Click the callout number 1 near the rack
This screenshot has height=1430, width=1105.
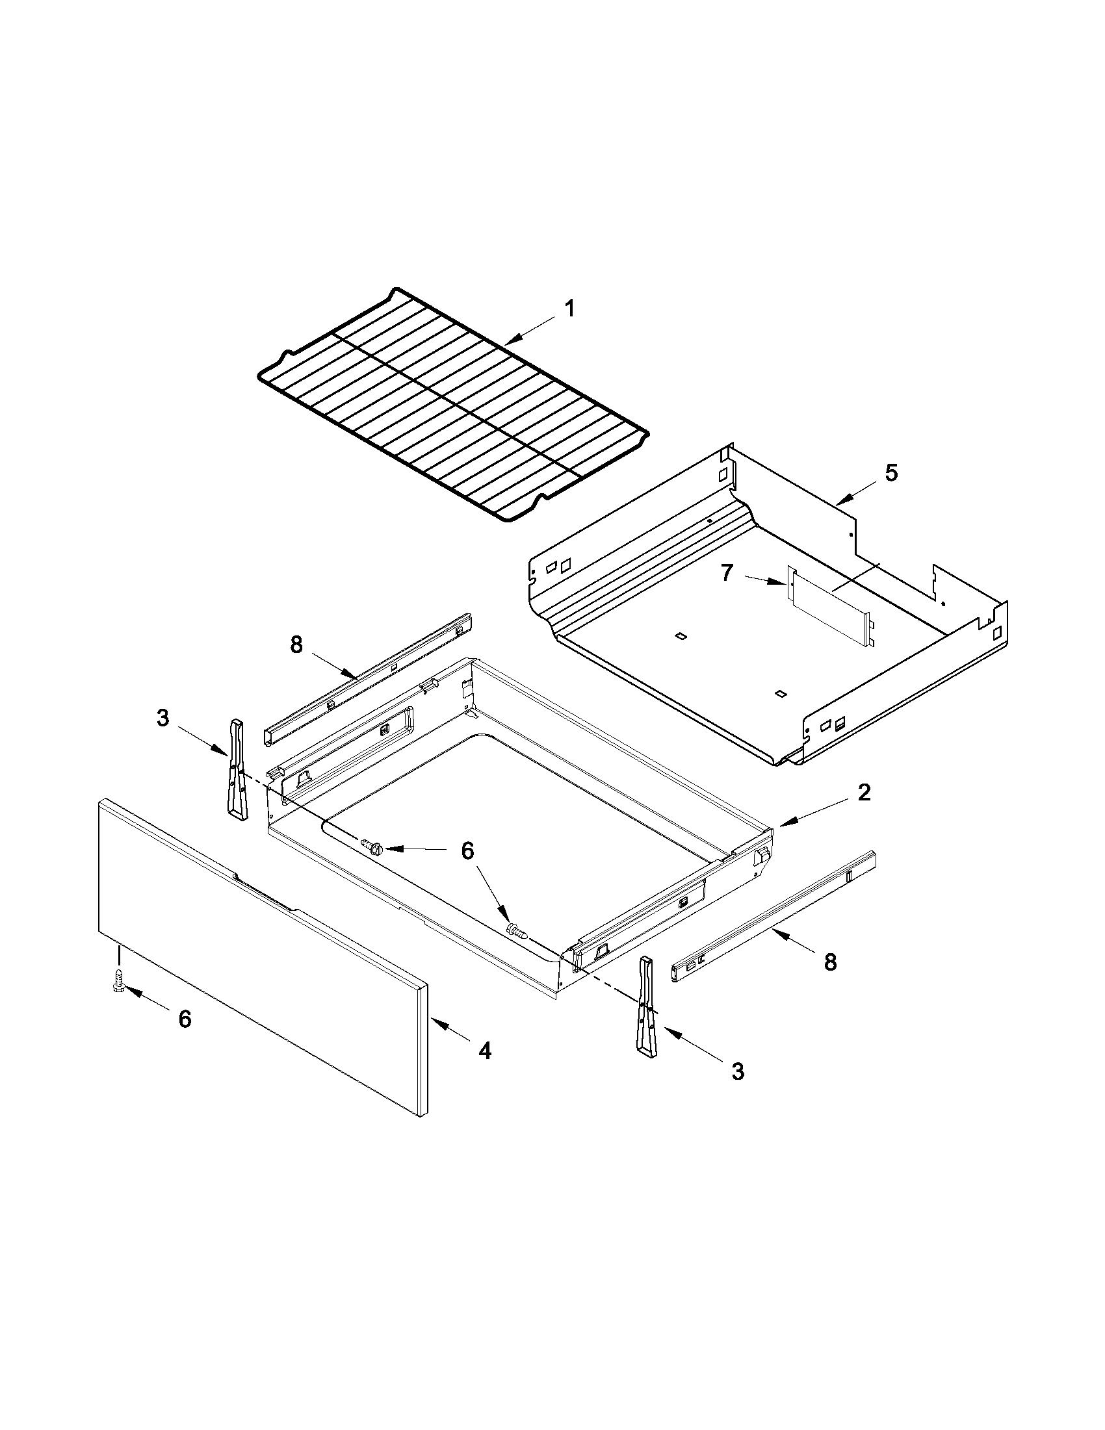[570, 309]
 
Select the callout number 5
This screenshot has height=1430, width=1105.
[891, 473]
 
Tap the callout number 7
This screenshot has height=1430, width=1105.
[727, 573]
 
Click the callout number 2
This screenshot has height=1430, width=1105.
[864, 793]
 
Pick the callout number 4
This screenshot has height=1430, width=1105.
[484, 1051]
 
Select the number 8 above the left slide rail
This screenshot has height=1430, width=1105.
[296, 645]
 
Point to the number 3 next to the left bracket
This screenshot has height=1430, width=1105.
[162, 719]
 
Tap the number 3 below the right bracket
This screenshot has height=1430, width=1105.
[738, 1071]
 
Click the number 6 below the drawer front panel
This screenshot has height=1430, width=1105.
[185, 1019]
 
